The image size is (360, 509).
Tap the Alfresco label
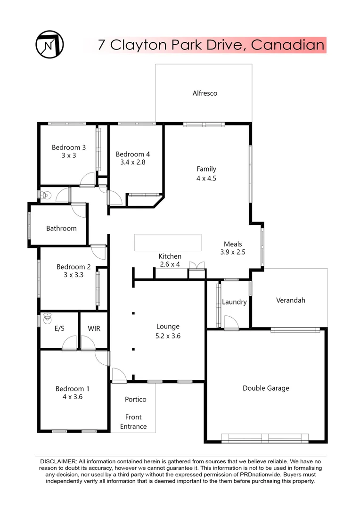205,93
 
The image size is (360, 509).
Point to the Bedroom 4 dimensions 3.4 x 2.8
132,163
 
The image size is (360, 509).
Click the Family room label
206,169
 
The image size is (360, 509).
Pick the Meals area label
233,244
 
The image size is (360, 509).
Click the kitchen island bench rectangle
168,243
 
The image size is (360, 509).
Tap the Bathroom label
61,229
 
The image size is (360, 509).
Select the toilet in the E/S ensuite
47,319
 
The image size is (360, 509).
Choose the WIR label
94,328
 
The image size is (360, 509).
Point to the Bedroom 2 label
70,266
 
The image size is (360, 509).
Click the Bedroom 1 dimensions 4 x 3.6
73,397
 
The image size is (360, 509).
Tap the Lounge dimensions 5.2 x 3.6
168,336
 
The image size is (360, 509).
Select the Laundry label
234,302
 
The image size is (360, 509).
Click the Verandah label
291,300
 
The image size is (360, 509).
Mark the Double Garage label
266,388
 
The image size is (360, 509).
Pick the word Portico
136,399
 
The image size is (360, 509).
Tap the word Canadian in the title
288,45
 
